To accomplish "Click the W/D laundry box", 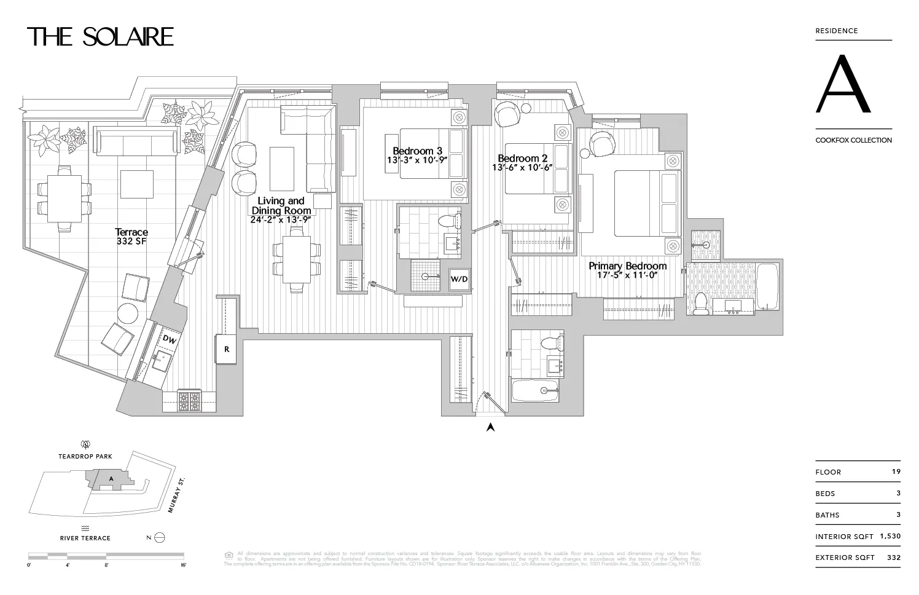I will click(459, 280).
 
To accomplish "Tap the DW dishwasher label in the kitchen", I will click(170, 339).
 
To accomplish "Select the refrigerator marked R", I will click(226, 349).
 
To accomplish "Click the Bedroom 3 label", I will click(417, 151).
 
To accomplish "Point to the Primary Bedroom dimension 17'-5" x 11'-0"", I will click(627, 275).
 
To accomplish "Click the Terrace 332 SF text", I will click(131, 237).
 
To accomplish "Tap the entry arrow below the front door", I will click(490, 427).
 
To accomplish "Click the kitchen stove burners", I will click(189, 401).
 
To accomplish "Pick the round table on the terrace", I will click(128, 313).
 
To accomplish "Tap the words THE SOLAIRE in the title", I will click(101, 37).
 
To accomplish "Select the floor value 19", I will click(896, 471).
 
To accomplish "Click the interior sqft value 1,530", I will click(890, 536).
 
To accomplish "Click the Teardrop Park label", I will click(85, 457).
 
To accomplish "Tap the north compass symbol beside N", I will click(160, 537).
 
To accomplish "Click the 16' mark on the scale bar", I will click(183, 564).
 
